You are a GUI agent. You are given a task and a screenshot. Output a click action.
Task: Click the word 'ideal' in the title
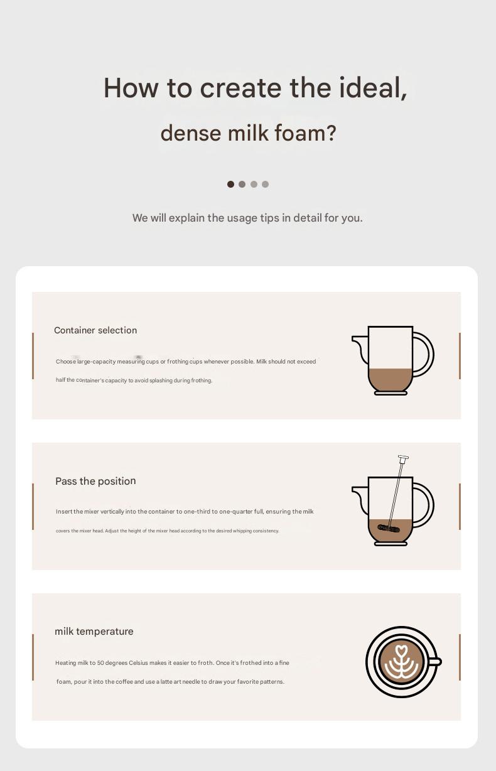(370, 87)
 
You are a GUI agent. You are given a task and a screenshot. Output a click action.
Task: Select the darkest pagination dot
(230, 184)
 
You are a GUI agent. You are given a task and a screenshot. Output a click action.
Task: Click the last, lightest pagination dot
(265, 184)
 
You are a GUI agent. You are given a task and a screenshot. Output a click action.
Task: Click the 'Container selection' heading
(95, 330)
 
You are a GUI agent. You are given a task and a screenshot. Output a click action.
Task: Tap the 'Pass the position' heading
(95, 481)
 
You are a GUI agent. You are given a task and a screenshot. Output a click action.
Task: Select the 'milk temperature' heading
(94, 631)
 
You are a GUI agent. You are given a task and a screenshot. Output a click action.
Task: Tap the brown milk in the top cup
(391, 380)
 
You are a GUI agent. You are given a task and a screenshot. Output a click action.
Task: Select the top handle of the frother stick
(403, 458)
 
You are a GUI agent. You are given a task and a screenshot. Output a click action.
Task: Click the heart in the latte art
(402, 650)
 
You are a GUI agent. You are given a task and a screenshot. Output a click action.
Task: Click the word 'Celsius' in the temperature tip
(138, 663)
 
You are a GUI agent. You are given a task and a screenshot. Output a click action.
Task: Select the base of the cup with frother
(391, 544)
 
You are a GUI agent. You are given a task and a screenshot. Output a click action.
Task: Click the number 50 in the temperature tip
(100, 663)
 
